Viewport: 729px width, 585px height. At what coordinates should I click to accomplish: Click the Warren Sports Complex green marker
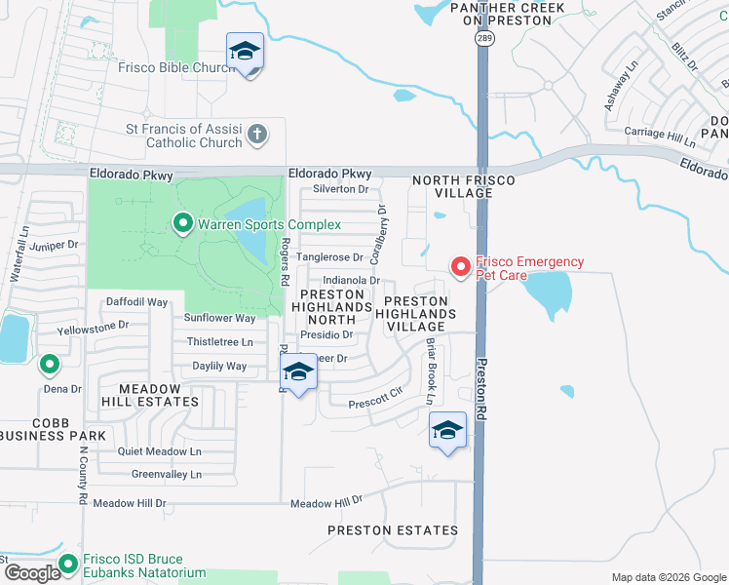182,224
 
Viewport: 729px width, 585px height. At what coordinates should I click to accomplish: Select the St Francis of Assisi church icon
256,135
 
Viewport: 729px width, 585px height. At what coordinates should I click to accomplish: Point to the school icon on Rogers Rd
298,372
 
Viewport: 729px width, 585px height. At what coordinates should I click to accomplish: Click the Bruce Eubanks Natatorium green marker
68,564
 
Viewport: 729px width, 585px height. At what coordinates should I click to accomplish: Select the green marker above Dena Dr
49,366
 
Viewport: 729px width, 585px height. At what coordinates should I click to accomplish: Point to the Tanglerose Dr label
329,257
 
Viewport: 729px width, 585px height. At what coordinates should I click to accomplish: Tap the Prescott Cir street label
375,395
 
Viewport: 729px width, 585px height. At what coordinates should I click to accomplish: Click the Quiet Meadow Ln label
159,451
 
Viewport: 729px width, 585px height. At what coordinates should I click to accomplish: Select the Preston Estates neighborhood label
393,530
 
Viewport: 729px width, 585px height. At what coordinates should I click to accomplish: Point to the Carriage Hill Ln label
658,133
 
